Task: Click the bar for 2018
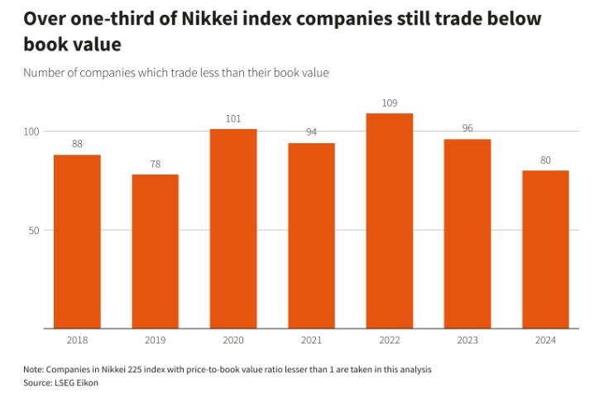(77, 242)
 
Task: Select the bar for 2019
(155, 252)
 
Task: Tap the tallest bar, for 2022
(390, 221)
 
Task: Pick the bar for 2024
(545, 250)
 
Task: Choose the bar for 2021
(311, 236)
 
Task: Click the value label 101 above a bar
(233, 119)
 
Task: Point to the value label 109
(390, 103)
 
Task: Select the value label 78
(155, 165)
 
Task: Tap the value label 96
(467, 129)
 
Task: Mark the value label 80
(545, 161)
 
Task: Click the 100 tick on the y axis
(31, 132)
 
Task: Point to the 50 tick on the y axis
(34, 230)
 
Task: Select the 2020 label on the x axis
(233, 341)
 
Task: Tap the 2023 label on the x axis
(467, 341)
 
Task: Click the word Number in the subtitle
(46, 73)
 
